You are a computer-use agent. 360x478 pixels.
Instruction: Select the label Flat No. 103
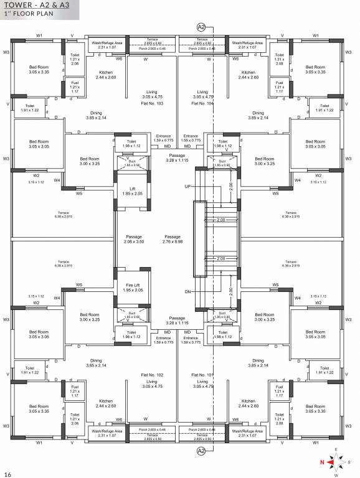151,104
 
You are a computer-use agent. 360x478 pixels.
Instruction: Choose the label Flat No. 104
203,104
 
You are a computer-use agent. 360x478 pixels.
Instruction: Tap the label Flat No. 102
151,375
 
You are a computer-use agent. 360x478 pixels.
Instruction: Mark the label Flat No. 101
203,375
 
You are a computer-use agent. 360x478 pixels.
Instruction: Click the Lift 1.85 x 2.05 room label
132,191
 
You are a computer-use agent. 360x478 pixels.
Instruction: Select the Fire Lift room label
132,287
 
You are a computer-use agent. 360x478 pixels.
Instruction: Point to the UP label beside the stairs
188,187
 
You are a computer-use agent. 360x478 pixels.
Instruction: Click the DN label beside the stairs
187,292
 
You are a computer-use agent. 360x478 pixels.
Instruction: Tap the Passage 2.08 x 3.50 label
134,239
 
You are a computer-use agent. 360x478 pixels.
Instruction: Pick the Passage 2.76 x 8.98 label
173,239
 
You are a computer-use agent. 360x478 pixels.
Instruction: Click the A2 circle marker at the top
201,27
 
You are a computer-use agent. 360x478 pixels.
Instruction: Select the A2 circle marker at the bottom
201,451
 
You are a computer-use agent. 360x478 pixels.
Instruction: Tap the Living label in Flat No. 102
151,384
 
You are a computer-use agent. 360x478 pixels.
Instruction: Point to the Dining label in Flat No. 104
257,115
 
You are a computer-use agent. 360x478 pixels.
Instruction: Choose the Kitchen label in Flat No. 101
249,403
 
